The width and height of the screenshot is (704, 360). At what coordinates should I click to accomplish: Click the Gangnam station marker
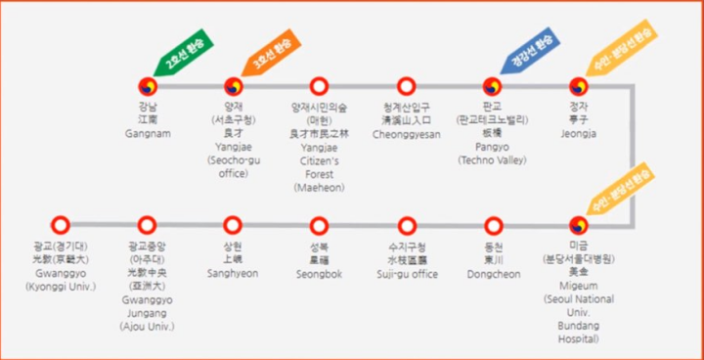click(147, 86)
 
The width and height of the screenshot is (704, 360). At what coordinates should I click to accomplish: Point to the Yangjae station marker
click(233, 86)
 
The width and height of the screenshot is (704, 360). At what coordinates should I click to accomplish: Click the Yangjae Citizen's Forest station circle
click(319, 86)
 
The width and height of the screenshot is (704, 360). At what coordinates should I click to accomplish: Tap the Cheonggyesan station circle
click(406, 86)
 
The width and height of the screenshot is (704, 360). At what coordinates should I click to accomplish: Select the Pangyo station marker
click(492, 86)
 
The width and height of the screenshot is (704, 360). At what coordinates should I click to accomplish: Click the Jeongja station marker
click(579, 86)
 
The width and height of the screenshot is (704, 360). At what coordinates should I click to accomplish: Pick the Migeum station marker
click(579, 224)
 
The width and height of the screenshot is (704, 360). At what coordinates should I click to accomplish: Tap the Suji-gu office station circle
click(407, 224)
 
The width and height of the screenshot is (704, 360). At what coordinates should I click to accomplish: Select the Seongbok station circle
click(319, 224)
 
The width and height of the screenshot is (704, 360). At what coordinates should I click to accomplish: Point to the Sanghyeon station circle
click(233, 224)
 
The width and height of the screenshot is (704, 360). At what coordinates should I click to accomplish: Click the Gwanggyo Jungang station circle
click(147, 224)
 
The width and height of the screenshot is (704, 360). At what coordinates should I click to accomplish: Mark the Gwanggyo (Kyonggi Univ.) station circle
click(61, 224)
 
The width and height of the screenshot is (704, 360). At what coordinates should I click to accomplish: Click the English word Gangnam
click(147, 132)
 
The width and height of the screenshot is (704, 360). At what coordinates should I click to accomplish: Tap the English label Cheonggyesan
click(406, 133)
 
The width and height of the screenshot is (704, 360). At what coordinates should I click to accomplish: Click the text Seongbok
click(319, 274)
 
